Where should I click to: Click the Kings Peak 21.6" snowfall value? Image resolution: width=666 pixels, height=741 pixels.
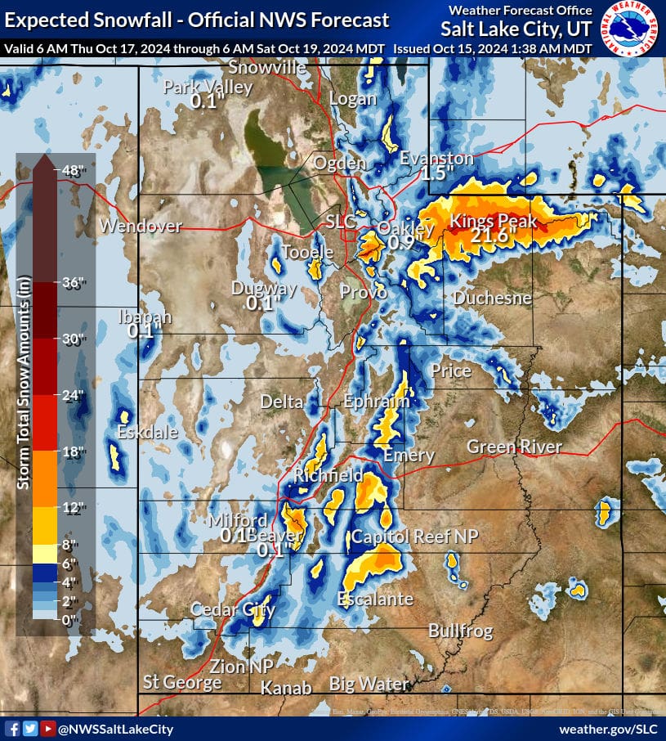[494, 236]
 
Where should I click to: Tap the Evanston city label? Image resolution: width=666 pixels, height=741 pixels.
[436, 159]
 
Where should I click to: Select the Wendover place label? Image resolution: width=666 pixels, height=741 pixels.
[141, 227]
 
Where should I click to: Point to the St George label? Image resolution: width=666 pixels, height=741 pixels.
[182, 682]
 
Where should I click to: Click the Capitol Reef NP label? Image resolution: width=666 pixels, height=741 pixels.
[414, 537]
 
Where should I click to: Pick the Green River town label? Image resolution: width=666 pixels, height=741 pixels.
[514, 447]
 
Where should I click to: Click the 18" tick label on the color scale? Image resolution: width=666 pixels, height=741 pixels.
[73, 451]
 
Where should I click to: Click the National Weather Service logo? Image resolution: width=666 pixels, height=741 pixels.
[632, 28]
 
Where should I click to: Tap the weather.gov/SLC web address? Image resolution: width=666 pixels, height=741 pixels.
[608, 729]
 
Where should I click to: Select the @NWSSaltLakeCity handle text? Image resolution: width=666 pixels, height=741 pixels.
[115, 729]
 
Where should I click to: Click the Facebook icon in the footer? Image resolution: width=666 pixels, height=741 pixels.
[12, 729]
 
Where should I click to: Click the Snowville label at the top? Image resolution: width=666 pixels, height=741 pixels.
[267, 68]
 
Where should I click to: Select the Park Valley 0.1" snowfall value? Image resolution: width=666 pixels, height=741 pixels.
[208, 102]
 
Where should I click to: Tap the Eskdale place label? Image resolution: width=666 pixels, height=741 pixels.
[147, 433]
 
